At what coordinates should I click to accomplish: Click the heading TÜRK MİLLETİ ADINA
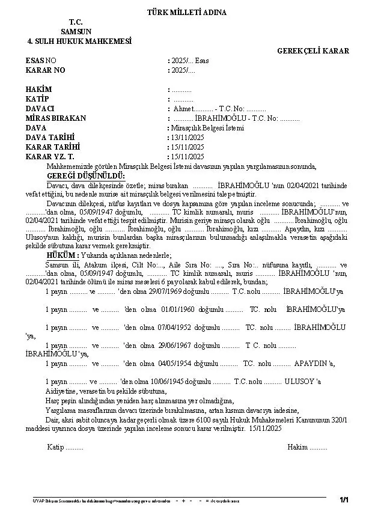tap(187, 13)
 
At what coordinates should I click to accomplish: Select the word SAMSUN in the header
tap(76, 31)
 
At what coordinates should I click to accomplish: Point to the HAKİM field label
tap(38, 90)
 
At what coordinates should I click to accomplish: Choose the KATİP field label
tap(37, 99)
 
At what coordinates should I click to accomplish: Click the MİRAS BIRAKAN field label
tap(56, 118)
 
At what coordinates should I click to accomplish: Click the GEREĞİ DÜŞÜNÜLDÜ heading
tap(86, 175)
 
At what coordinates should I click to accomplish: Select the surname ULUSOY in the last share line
tap(299, 382)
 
